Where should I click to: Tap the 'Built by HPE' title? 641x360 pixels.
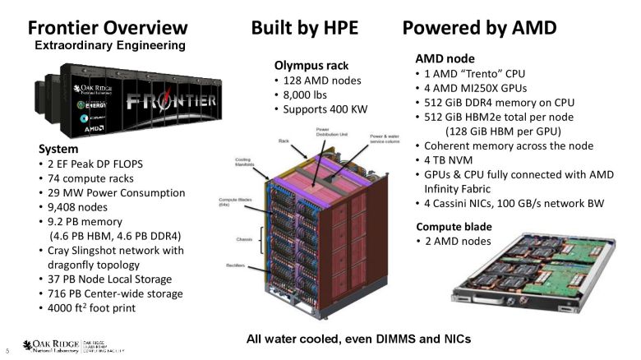tap(304, 27)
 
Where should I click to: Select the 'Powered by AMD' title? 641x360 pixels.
tap(479, 27)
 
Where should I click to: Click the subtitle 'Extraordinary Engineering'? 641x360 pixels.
tap(108, 45)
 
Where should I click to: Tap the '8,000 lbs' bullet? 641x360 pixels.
tap(309, 95)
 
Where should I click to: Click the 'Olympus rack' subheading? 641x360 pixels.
tap(311, 66)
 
